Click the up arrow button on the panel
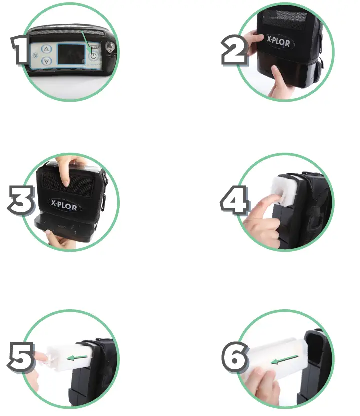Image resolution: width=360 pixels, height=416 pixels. click(x=46, y=49)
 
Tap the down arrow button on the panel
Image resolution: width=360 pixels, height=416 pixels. click(x=46, y=61)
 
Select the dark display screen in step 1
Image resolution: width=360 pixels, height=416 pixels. click(x=69, y=55)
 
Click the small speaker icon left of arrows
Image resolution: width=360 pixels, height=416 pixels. click(x=35, y=56)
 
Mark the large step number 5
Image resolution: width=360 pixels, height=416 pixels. click(x=21, y=358)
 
